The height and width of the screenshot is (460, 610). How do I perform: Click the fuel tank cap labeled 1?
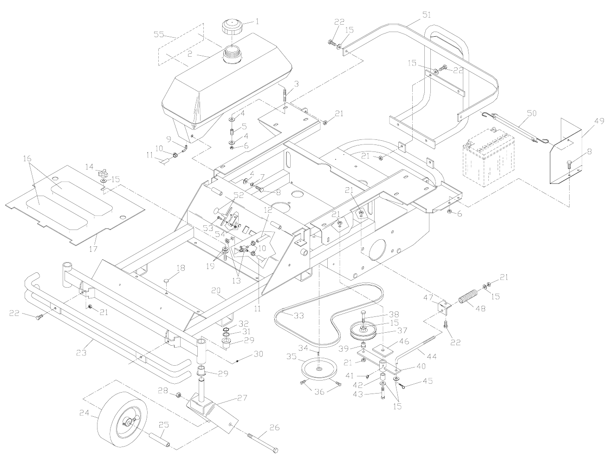click(x=232, y=27)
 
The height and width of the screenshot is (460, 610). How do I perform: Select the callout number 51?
click(x=426, y=15)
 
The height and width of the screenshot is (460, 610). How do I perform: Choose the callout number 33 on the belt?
click(x=299, y=315)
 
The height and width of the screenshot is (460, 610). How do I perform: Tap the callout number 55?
click(x=160, y=34)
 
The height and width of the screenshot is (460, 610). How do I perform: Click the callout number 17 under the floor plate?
click(x=93, y=249)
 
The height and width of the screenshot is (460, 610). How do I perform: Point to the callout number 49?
click(x=599, y=121)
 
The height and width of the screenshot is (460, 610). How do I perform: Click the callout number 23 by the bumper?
click(x=81, y=353)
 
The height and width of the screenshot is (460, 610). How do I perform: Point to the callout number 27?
click(x=242, y=398)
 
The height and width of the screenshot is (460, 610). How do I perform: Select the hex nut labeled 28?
click(x=179, y=395)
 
